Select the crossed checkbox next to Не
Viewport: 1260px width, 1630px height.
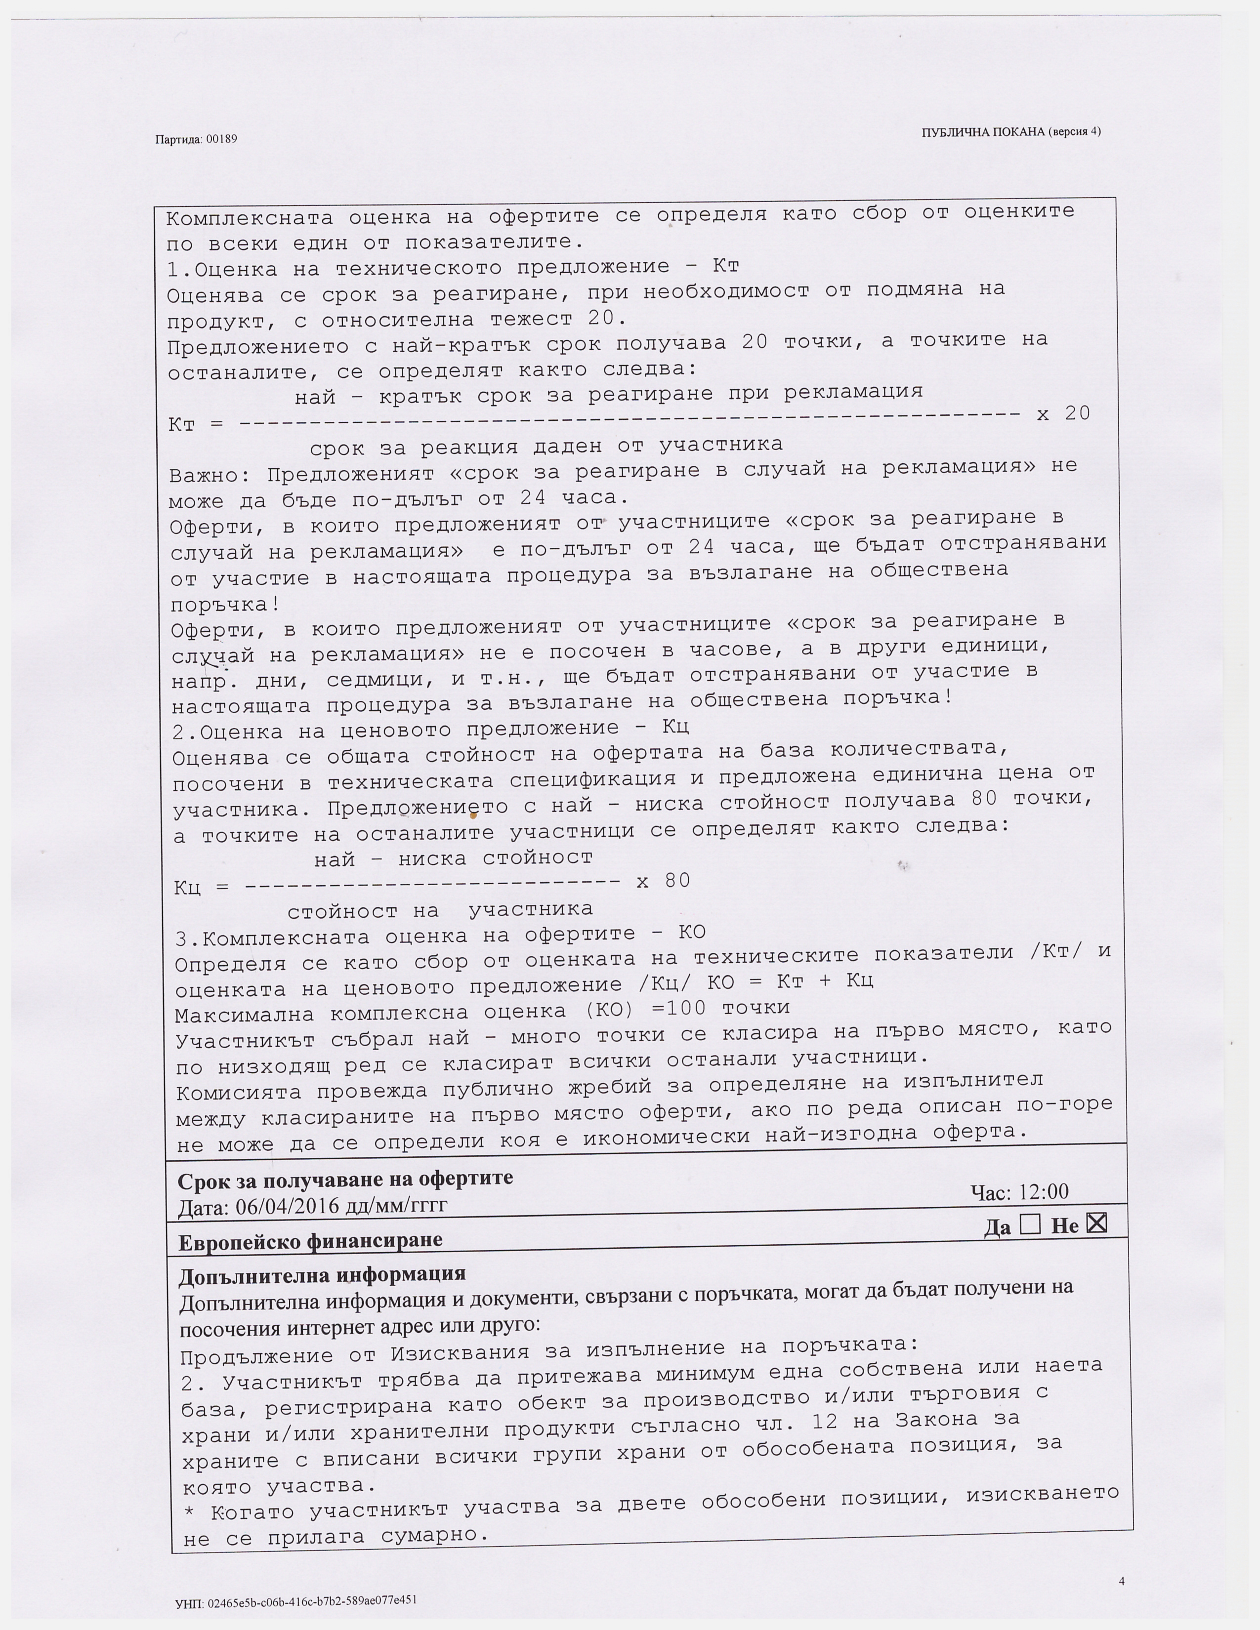tap(1096, 1222)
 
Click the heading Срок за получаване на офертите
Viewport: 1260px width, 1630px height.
tap(345, 1179)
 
